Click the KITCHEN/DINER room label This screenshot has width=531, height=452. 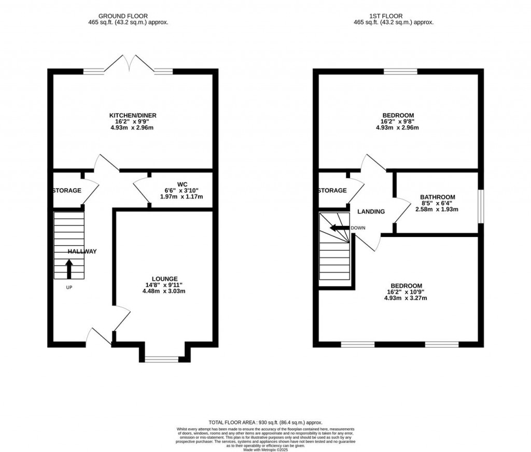(133, 115)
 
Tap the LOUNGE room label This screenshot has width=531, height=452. (165, 278)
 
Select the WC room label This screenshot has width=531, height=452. (181, 183)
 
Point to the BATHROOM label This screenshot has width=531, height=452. (438, 197)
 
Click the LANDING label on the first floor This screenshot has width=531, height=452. (371, 211)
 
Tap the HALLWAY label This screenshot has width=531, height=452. (82, 251)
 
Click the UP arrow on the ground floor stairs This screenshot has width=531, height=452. (69, 269)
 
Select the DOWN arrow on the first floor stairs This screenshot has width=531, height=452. (340, 228)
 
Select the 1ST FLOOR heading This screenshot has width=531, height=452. (393, 16)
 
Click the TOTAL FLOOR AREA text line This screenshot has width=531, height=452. (265, 422)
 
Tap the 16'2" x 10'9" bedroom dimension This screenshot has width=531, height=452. (406, 292)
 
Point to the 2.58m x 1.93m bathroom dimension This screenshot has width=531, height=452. (438, 210)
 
